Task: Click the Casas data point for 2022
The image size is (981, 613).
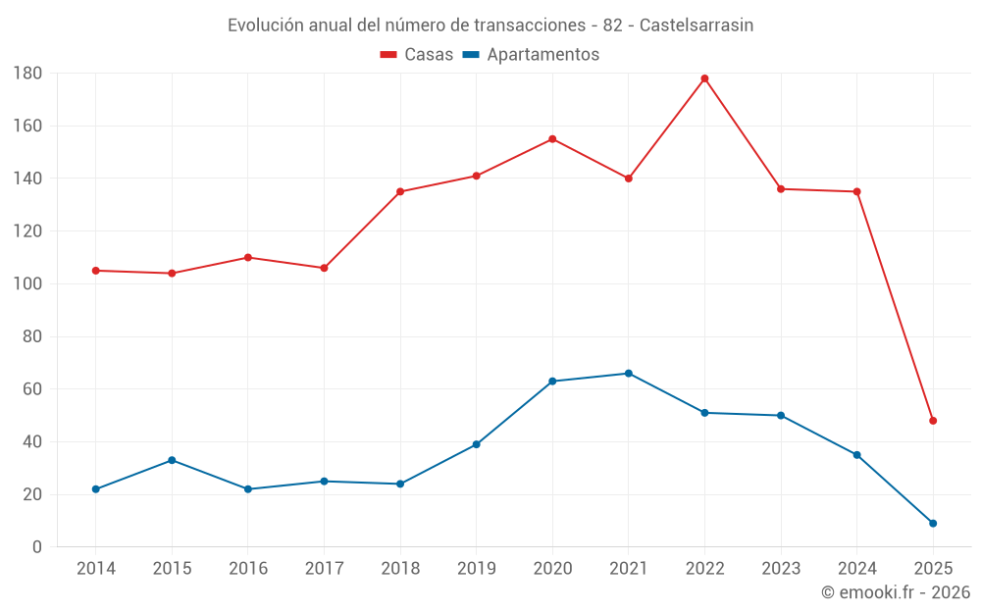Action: click(x=704, y=78)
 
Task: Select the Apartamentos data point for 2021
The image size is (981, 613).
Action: click(x=629, y=374)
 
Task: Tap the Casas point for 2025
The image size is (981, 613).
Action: click(x=933, y=421)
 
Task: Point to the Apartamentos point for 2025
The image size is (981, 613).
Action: click(x=933, y=524)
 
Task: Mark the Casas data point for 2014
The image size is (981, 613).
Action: click(x=95, y=271)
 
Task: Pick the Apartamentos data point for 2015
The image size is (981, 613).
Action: click(x=172, y=460)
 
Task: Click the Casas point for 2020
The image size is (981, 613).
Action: click(x=552, y=139)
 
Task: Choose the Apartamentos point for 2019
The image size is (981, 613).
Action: click(x=476, y=444)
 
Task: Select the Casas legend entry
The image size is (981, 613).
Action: click(x=417, y=55)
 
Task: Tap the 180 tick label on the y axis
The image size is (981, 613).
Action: click(x=27, y=74)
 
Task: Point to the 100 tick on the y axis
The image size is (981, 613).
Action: click(x=27, y=284)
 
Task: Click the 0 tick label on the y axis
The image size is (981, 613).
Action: click(x=37, y=547)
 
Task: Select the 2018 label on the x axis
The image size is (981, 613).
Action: click(x=400, y=569)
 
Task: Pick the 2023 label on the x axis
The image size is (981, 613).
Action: click(x=781, y=569)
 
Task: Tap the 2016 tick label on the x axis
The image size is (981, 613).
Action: click(x=248, y=569)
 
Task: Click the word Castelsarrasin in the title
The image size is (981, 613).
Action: click(x=697, y=26)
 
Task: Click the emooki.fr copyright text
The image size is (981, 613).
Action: click(x=896, y=592)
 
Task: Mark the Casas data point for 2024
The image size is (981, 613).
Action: click(x=856, y=192)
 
